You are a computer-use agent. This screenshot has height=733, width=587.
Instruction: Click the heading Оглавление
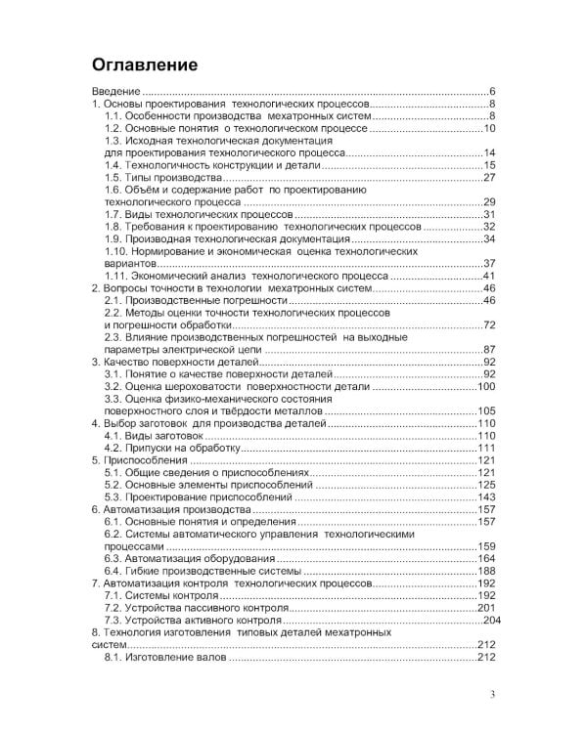[145, 65]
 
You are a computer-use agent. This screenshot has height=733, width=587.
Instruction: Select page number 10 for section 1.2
[490, 128]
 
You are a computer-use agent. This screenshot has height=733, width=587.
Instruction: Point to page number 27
[490, 178]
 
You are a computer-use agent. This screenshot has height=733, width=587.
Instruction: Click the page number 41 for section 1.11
[490, 277]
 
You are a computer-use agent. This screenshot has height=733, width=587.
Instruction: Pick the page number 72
[490, 325]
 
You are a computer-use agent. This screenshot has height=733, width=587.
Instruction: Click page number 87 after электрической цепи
[490, 351]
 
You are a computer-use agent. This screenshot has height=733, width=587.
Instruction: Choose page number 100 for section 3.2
[487, 387]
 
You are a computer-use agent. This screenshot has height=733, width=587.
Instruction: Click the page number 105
[487, 411]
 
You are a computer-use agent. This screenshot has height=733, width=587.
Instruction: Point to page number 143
[487, 497]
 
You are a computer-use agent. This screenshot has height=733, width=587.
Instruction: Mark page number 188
[487, 572]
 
